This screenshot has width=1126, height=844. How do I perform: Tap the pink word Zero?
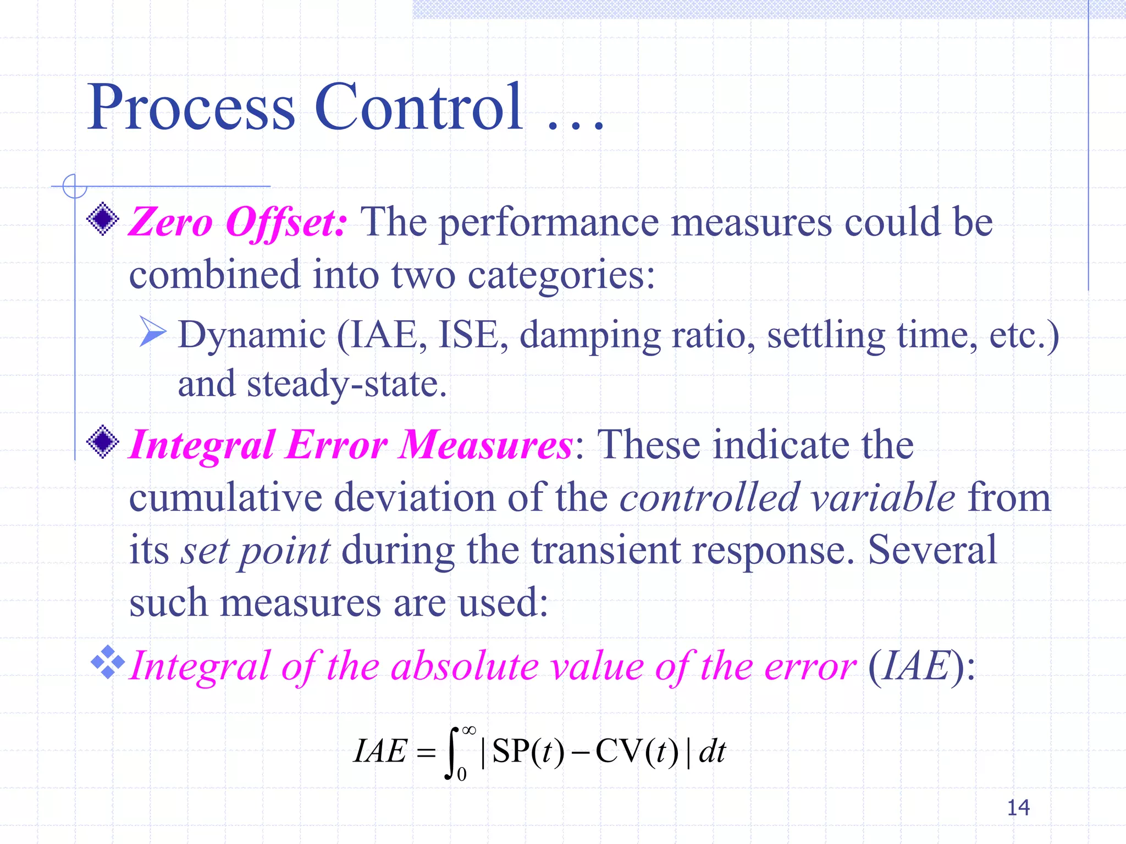170,223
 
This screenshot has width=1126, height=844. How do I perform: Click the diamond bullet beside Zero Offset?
103,219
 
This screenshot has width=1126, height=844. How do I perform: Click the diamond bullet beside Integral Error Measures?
103,442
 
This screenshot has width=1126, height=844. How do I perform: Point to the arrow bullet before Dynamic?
152,331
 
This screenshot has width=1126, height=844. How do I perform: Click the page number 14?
1018,807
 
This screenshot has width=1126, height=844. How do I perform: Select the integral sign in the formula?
452,753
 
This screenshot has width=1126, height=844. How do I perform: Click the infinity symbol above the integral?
468,730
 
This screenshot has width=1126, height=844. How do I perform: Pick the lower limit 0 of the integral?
462,775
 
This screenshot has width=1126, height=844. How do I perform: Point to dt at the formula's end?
712,751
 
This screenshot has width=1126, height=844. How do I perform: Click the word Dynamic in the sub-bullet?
252,335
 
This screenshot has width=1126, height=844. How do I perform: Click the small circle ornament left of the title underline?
74,186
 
